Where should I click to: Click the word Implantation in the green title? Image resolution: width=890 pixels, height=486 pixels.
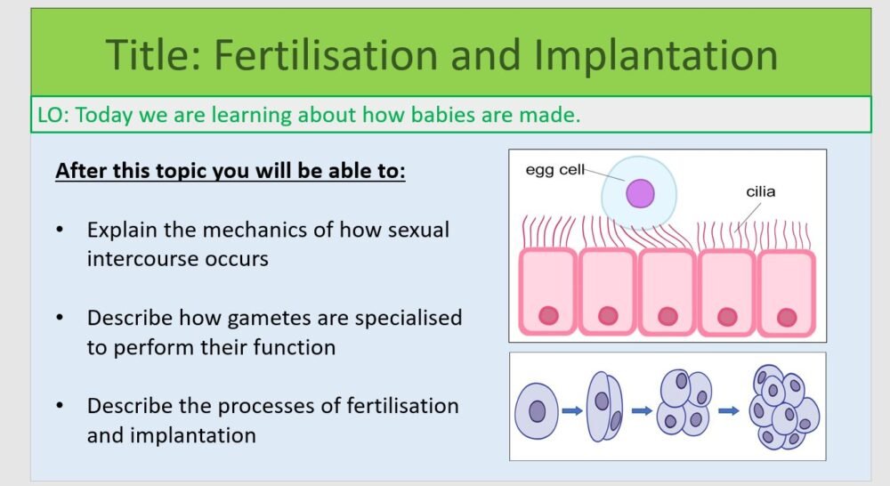pos(656,55)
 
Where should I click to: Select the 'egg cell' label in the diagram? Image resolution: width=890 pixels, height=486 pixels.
pos(554,170)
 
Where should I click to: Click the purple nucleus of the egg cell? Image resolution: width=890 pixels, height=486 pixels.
pos(640,194)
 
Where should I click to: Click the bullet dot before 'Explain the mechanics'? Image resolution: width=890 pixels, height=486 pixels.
pos(61,231)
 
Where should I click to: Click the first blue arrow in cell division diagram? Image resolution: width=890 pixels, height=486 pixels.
pos(571,411)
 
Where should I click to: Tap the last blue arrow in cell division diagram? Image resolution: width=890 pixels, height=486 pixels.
pos(729,411)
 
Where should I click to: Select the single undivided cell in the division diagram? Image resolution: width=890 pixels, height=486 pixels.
pos(537,410)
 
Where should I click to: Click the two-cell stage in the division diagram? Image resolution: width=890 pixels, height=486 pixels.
pos(603,409)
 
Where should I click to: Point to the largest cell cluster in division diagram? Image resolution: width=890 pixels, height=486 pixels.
pos(782,407)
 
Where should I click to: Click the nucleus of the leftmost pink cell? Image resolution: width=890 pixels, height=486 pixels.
pos(548,315)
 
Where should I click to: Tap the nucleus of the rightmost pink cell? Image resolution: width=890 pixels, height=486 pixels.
pos(786,317)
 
